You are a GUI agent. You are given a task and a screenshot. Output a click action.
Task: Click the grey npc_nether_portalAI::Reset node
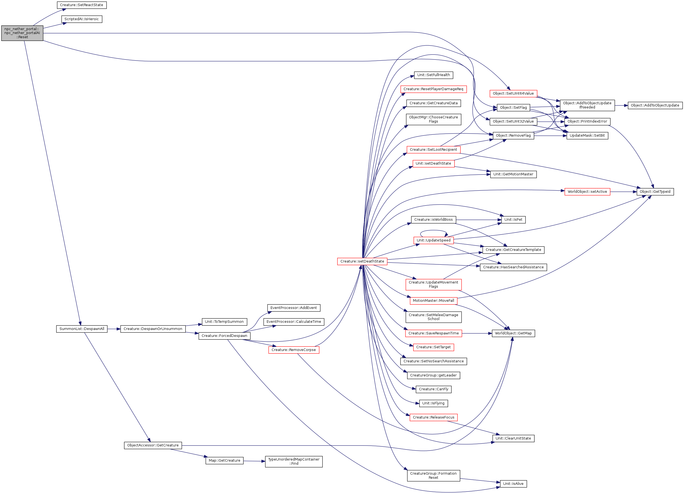22,33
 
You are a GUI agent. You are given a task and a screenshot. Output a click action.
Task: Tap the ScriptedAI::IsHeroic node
81,19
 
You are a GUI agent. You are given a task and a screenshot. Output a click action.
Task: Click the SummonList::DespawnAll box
82,329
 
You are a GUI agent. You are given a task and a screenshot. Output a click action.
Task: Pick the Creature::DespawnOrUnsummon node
153,329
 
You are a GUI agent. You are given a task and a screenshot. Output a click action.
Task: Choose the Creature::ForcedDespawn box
224,336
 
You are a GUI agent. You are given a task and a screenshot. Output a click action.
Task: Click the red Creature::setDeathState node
362,261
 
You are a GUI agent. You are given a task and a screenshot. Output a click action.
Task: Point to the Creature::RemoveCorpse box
294,350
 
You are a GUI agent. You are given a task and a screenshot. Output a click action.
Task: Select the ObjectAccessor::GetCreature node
153,445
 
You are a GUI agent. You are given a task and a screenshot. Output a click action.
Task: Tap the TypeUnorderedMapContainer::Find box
294,461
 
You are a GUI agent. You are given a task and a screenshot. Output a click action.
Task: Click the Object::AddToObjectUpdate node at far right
655,105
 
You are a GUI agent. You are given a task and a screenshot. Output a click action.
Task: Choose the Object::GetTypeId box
655,191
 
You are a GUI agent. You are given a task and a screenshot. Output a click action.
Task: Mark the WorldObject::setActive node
587,191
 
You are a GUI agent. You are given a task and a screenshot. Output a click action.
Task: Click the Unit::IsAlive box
513,484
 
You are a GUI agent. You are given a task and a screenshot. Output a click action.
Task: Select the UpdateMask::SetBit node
587,136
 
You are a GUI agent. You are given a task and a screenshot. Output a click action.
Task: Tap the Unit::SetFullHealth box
434,75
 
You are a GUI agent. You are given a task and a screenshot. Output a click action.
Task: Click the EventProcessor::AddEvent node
294,308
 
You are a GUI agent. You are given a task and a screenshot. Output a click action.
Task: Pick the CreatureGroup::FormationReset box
433,475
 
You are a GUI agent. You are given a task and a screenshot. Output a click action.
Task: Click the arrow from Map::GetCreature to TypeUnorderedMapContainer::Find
254,461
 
